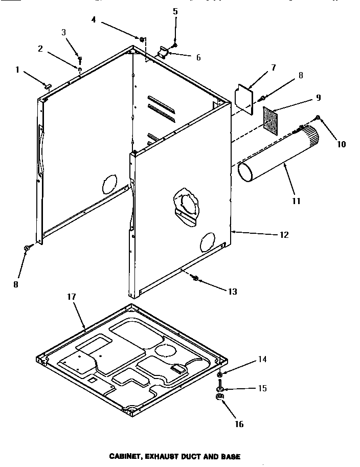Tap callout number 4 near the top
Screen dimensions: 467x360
(x=94, y=20)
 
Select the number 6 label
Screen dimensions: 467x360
(x=198, y=57)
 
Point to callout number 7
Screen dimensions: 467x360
(x=274, y=67)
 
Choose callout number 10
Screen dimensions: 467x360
(x=341, y=144)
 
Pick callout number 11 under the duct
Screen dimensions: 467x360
(x=296, y=201)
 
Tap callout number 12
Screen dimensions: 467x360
(x=285, y=235)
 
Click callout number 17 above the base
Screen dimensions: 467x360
(x=71, y=297)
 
